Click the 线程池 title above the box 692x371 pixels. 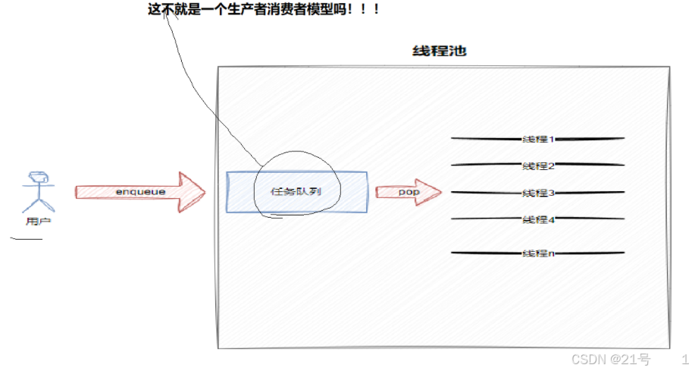[439, 52]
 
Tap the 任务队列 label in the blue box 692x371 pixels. [296, 191]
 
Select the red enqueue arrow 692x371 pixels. [139, 192]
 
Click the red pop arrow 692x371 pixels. [408, 192]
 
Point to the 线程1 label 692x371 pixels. [538, 139]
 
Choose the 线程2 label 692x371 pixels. [538, 165]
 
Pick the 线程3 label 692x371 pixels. [538, 193]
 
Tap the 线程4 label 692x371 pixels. [538, 219]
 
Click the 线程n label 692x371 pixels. [538, 253]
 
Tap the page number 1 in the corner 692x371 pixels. [684, 359]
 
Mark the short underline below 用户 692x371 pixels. [27, 240]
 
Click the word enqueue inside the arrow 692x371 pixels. [140, 192]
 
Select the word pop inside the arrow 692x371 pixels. [409, 192]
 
